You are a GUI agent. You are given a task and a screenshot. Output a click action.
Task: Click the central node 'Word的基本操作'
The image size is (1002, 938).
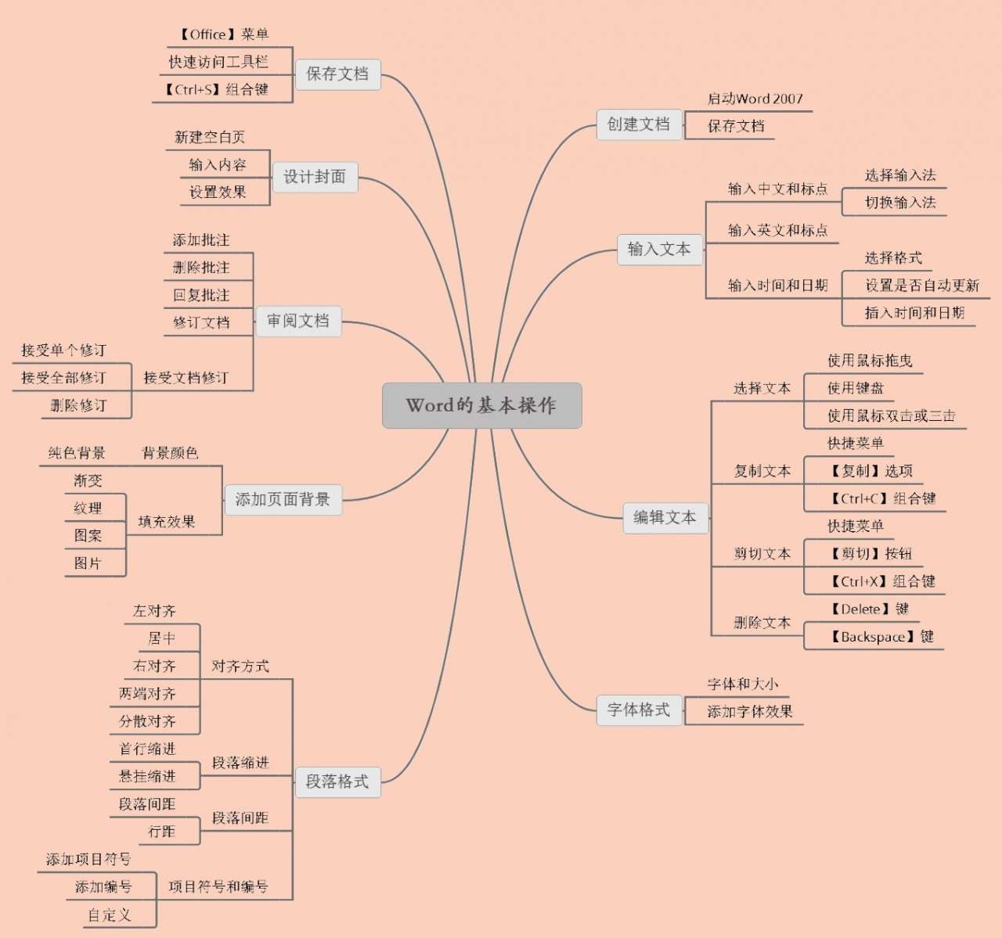pyautogui.click(x=481, y=405)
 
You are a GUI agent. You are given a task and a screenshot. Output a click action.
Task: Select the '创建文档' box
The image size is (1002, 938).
pyautogui.click(x=639, y=124)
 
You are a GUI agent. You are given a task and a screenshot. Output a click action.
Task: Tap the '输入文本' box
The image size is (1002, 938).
pyautogui.click(x=659, y=250)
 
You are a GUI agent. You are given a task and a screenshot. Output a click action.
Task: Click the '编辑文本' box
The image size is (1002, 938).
pyautogui.click(x=665, y=517)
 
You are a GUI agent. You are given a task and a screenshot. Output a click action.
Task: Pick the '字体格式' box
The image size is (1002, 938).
pyautogui.click(x=639, y=710)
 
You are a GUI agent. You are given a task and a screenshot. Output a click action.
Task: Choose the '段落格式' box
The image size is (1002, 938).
pyautogui.click(x=337, y=782)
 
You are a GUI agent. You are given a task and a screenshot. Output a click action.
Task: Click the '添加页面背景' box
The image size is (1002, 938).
pyautogui.click(x=283, y=499)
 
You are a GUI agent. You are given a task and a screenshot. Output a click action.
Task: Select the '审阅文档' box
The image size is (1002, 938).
pyautogui.click(x=298, y=321)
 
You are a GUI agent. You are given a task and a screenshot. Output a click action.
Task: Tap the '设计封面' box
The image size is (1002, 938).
pyautogui.click(x=314, y=177)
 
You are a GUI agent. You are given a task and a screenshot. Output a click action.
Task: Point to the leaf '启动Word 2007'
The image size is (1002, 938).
pyautogui.click(x=755, y=99)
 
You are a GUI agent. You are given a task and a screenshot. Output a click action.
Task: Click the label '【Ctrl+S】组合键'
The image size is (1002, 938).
pyautogui.click(x=215, y=90)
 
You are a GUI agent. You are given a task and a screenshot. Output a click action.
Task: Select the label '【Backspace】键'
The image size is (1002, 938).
pyautogui.click(x=881, y=637)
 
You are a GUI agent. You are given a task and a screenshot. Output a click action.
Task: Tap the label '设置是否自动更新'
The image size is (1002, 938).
pyautogui.click(x=921, y=286)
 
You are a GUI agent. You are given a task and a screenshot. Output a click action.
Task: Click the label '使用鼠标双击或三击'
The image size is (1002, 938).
pyautogui.click(x=891, y=416)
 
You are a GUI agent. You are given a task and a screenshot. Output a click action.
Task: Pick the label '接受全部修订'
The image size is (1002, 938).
pyautogui.click(x=63, y=378)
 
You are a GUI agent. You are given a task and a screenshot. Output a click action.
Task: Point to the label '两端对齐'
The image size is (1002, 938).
pyautogui.click(x=147, y=694)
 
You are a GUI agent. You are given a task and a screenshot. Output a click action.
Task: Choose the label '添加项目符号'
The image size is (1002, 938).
pyautogui.click(x=88, y=860)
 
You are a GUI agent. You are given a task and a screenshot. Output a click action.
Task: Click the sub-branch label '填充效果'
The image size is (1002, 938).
pyautogui.click(x=166, y=522)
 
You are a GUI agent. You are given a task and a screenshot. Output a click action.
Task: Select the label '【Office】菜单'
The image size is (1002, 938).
pyautogui.click(x=223, y=34)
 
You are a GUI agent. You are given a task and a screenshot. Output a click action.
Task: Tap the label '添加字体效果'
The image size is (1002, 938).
pyautogui.click(x=749, y=712)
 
